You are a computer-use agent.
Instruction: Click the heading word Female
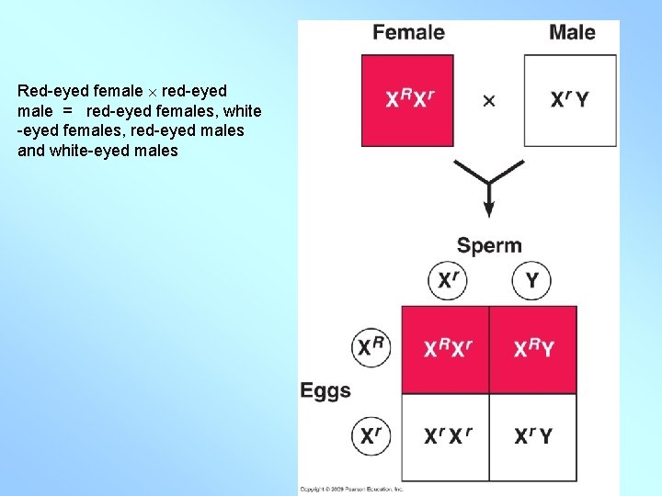coord(408,33)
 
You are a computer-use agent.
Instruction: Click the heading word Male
coord(572,33)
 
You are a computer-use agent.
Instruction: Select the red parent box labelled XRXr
coord(407,100)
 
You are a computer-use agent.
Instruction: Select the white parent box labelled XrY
coord(570,100)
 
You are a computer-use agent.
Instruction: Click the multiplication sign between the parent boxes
coord(489,101)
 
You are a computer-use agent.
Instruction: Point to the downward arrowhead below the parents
coord(489,210)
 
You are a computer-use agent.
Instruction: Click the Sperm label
coord(489,245)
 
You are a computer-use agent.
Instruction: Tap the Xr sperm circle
coord(448,280)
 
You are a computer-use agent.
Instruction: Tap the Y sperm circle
coord(531,280)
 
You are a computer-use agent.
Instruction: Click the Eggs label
coord(325,390)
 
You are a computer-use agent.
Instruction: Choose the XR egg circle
coord(371,348)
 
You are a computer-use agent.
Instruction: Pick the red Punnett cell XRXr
coord(445,349)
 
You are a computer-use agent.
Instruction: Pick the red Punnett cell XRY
coord(533,349)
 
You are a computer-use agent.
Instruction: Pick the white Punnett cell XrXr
coord(445,436)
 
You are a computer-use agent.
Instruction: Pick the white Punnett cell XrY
coord(533,436)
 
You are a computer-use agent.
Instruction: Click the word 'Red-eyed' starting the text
coord(47,91)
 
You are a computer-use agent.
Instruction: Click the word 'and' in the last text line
coord(30,151)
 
